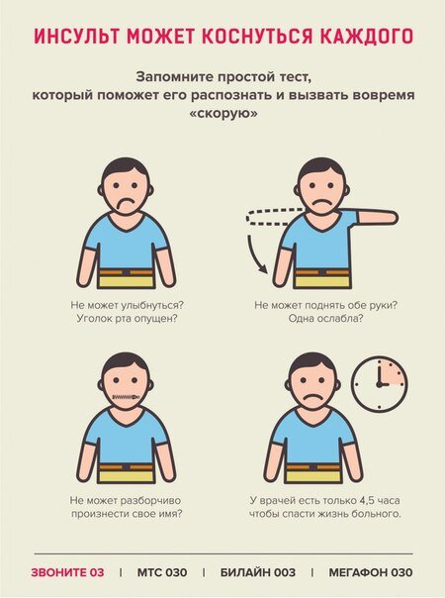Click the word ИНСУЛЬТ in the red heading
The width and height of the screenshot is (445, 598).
point(77,37)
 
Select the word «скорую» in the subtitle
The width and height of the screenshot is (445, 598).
point(223,114)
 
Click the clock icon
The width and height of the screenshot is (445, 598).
point(380,384)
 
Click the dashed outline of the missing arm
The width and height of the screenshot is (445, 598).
point(273,218)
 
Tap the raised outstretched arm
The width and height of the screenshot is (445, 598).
point(378,218)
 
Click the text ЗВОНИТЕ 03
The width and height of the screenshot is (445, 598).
point(67,572)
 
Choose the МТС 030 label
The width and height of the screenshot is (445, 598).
point(162,572)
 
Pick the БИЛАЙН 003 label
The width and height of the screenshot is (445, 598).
point(257,572)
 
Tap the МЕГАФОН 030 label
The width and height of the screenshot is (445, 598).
point(370,572)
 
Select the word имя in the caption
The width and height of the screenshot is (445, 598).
point(169,514)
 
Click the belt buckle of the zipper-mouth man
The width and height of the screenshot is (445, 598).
point(126,466)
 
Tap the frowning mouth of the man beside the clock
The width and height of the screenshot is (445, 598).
point(312,397)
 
